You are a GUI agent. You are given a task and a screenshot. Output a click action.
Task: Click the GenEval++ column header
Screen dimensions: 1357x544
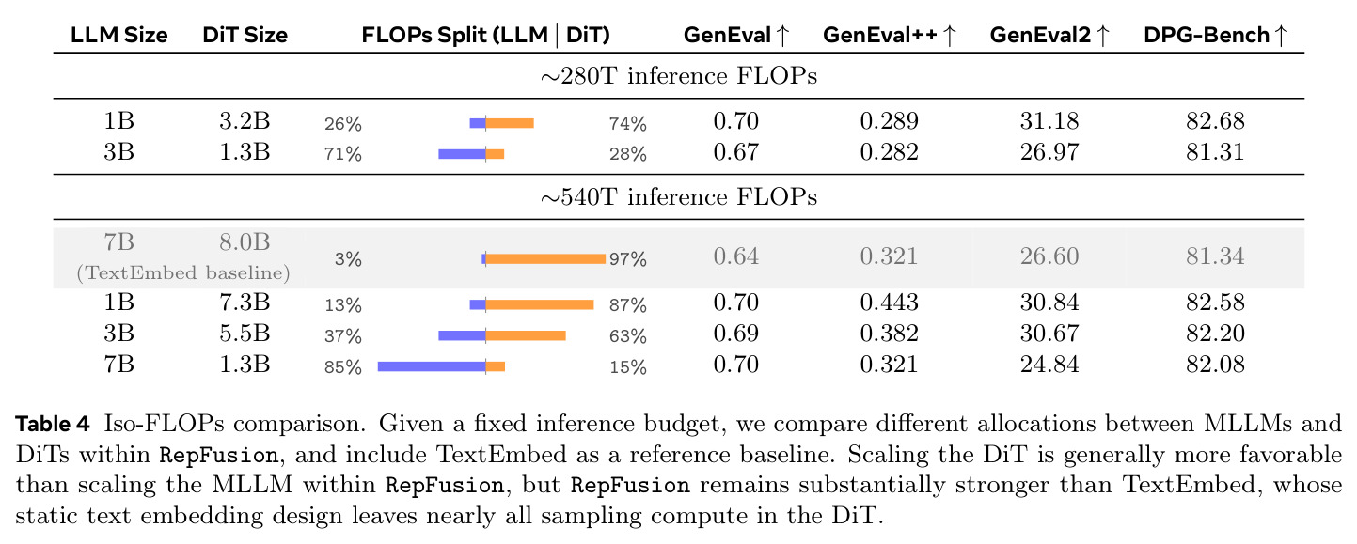point(890,35)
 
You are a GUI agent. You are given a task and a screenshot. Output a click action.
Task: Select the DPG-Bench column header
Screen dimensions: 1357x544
point(1215,35)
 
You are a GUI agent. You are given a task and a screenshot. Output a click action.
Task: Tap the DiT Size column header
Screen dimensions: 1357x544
point(245,35)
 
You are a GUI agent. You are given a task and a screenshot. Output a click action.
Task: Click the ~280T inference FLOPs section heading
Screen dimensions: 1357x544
point(679,76)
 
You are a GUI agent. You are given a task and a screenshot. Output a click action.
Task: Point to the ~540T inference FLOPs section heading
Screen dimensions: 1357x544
point(679,197)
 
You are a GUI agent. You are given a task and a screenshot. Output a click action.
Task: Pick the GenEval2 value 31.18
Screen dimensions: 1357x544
point(1049,121)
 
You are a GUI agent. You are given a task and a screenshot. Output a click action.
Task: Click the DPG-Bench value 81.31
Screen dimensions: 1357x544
point(1215,152)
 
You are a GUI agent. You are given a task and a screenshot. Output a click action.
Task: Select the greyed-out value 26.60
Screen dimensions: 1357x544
point(1049,256)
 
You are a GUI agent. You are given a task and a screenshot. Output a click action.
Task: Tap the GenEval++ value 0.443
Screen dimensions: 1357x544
point(890,303)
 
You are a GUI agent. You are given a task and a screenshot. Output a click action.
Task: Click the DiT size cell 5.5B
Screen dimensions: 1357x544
point(245,334)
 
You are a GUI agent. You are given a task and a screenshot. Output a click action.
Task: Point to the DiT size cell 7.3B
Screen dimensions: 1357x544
point(245,303)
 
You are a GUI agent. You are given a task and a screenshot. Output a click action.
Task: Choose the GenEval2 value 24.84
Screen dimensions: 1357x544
point(1049,365)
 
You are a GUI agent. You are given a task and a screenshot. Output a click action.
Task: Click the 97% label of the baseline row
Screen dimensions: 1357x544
point(628,259)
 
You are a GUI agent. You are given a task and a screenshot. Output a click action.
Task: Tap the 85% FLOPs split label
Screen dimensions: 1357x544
point(343,367)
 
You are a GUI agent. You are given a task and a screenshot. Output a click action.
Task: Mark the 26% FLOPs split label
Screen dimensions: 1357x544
point(343,124)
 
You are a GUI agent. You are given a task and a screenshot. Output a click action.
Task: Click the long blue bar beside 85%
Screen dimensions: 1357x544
point(432,366)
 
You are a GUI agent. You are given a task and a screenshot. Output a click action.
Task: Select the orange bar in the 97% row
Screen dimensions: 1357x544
point(545,259)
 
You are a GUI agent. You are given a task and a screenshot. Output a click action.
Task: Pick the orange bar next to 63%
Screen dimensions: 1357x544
point(526,335)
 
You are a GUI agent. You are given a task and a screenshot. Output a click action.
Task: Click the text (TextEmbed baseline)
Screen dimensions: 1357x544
point(183,272)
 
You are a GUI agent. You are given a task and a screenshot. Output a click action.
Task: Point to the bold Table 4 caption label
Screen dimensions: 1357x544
point(53,424)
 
